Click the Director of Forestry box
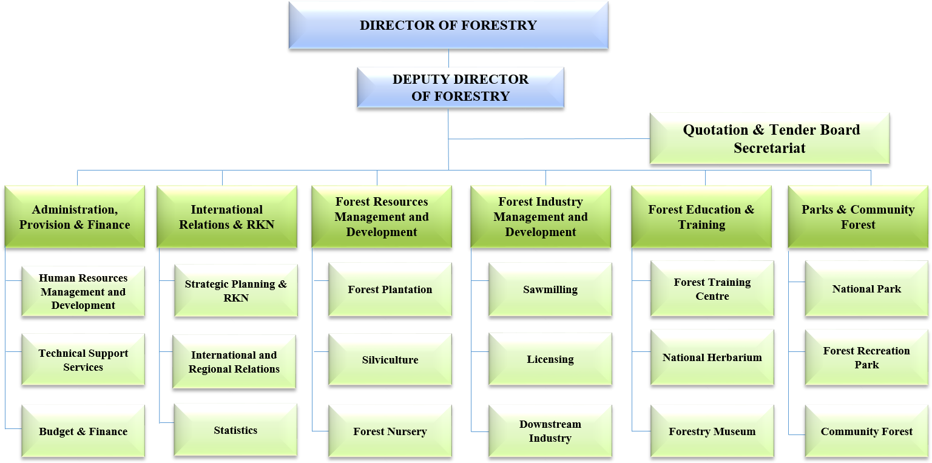[x=448, y=25]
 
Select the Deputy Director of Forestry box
[x=460, y=87]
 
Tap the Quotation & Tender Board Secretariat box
[x=769, y=138]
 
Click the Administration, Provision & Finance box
[x=75, y=217]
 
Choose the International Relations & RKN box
[x=226, y=217]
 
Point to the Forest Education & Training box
[x=701, y=217]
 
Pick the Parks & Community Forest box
[x=857, y=217]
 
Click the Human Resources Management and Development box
[x=83, y=291]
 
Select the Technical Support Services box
[x=83, y=360]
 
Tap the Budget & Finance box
[x=83, y=431]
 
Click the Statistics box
[x=235, y=430]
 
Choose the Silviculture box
[x=390, y=359]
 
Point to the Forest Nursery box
[x=390, y=431]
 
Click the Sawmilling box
[x=550, y=289]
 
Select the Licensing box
[x=550, y=359]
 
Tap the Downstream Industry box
[x=550, y=431]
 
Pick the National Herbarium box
[x=712, y=357]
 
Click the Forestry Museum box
[x=712, y=431]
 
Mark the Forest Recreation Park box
[x=866, y=357]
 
